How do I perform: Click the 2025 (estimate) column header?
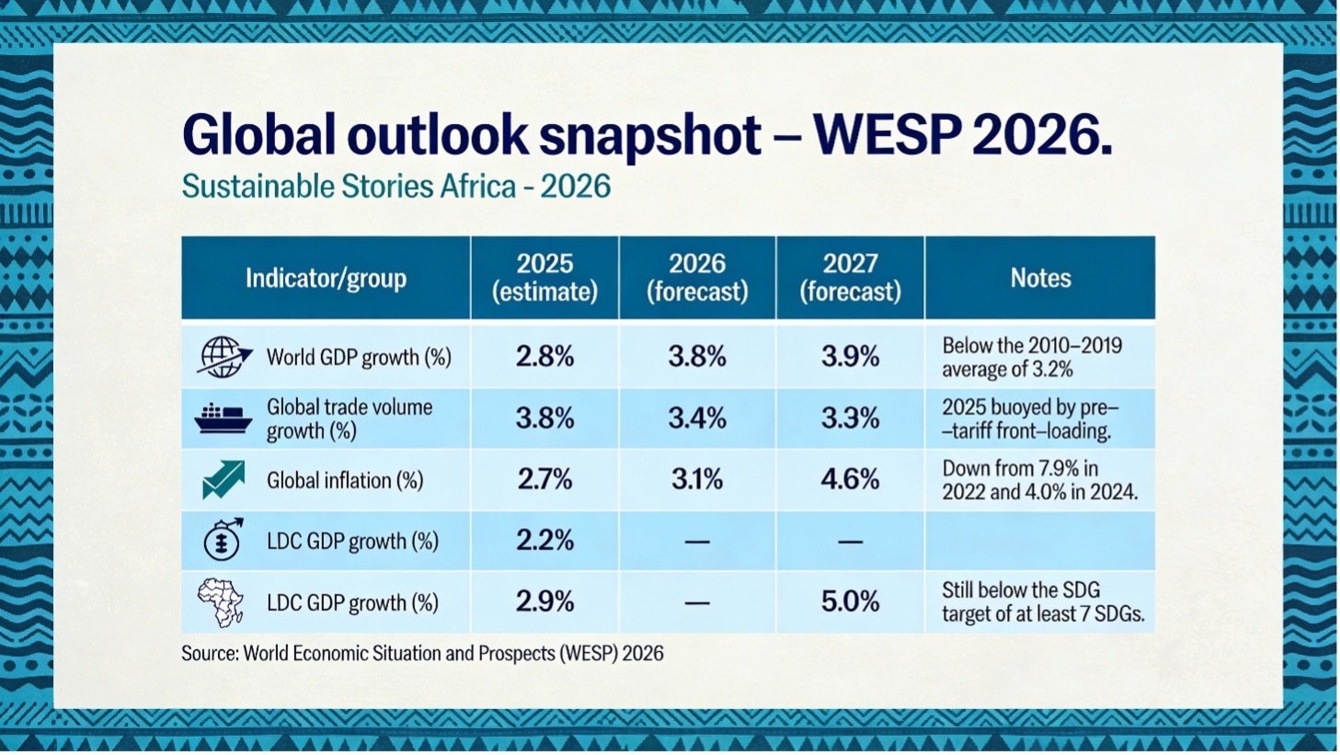544,278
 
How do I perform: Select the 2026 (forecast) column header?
697,278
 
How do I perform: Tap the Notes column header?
1040,278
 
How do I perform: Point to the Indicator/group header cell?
326,278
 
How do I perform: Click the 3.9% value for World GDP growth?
850,357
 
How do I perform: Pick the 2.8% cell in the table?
544,357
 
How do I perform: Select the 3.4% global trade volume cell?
697,418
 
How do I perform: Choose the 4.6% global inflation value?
850,479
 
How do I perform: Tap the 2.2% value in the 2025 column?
544,541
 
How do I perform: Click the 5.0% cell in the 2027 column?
850,601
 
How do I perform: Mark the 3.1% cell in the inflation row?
697,479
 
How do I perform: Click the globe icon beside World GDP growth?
223,357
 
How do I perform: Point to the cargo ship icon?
223,418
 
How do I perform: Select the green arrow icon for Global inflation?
223,480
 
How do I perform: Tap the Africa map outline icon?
222,601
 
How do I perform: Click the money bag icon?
223,540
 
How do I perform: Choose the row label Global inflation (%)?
345,480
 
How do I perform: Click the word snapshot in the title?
649,136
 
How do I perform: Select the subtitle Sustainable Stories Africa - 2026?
395,187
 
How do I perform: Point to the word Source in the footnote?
209,654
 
